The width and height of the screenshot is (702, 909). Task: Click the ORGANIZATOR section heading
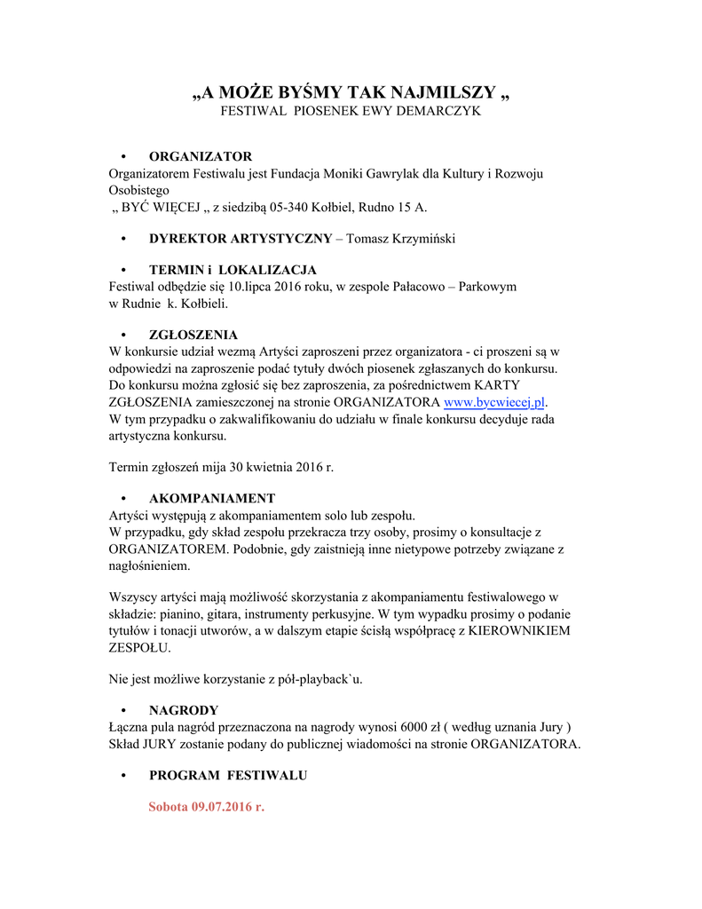coord(201,156)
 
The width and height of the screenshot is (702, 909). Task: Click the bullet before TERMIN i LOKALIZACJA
coord(123,270)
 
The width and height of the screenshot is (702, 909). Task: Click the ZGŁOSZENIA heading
coord(193,335)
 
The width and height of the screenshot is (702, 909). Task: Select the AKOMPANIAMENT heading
coord(212,498)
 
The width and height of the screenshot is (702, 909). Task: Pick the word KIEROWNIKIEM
coord(521,630)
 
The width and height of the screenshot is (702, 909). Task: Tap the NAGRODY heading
coord(184,710)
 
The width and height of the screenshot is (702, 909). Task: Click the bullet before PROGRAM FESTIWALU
coord(123,775)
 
